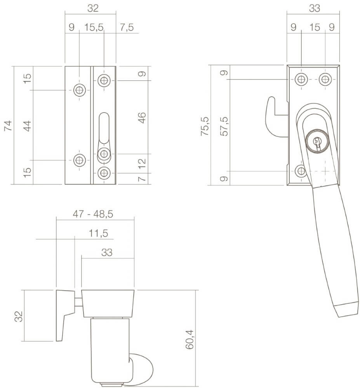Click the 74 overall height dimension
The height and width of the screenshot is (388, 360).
[x=8, y=126]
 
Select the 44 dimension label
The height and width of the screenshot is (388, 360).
[x=27, y=126]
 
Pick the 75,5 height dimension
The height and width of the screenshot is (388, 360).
[x=204, y=126]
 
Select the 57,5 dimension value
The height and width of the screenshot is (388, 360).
[x=223, y=126]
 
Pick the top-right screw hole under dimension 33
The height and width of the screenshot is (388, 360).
[x=325, y=80]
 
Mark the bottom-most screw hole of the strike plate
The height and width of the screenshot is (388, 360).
[x=103, y=173]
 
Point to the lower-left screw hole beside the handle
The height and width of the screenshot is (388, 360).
[x=301, y=171]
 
